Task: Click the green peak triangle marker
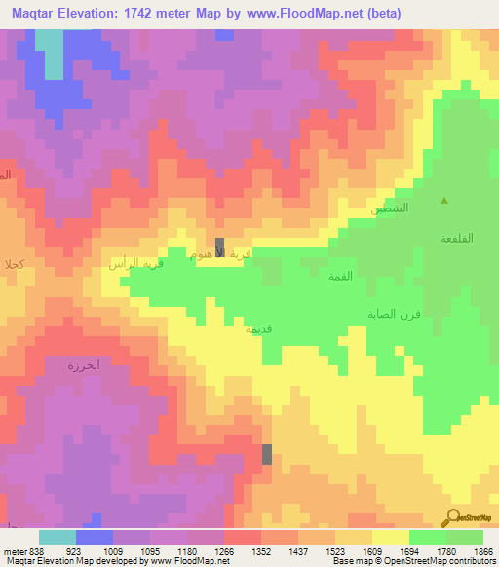(x=444, y=202)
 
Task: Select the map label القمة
(x=339, y=278)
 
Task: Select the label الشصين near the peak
(x=390, y=208)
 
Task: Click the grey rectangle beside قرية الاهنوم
(x=220, y=246)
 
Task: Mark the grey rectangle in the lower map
(x=267, y=453)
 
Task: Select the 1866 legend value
(x=483, y=550)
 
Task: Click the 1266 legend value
(x=224, y=550)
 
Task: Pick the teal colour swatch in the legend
(x=58, y=537)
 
